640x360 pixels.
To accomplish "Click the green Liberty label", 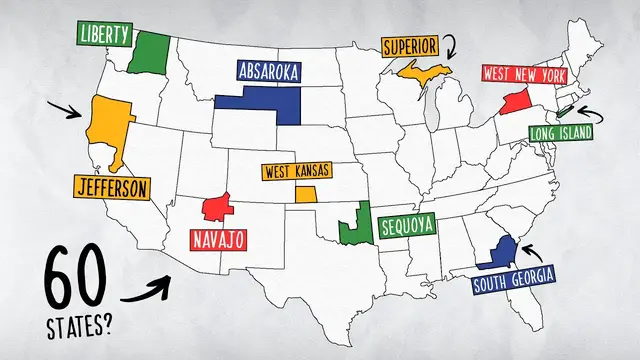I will coord(105,34).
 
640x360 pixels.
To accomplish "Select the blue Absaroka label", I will coord(273,71).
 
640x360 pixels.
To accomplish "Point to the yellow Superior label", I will coord(409,46).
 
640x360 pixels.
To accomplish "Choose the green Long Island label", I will coord(562,132).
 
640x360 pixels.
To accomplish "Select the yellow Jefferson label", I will coord(111,186).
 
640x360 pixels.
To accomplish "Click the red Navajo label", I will coord(219,240).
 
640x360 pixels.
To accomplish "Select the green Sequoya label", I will coord(408,226).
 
